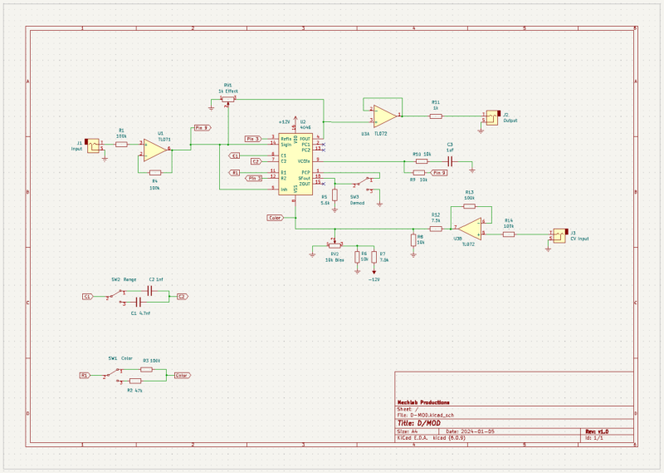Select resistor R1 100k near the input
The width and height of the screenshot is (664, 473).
click(122, 145)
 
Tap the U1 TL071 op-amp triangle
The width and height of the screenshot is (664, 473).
click(155, 150)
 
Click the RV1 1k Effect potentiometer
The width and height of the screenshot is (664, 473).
click(226, 98)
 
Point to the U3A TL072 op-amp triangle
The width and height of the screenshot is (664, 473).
click(384, 115)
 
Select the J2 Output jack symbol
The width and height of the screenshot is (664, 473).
click(492, 116)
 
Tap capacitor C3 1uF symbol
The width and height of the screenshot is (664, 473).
click(450, 160)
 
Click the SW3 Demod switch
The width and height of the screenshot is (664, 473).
click(363, 184)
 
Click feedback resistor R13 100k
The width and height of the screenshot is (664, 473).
click(469, 205)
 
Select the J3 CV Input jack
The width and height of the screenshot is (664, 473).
click(559, 235)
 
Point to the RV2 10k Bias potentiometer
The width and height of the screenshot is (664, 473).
click(334, 245)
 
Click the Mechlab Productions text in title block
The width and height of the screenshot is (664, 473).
click(424, 402)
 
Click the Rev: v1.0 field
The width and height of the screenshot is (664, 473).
click(597, 432)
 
